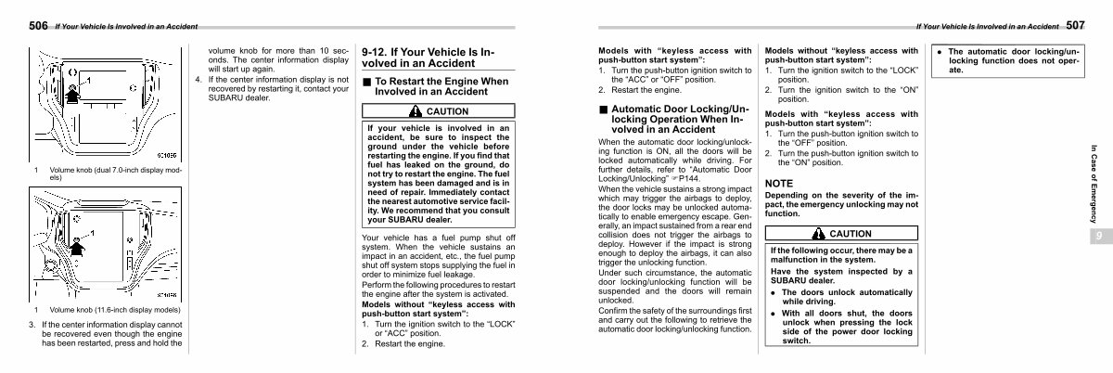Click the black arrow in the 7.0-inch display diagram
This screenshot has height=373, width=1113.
point(73,90)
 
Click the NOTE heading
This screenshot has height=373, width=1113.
point(779,184)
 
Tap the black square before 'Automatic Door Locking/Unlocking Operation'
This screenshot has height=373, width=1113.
point(603,109)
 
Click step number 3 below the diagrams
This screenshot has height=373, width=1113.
point(32,325)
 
